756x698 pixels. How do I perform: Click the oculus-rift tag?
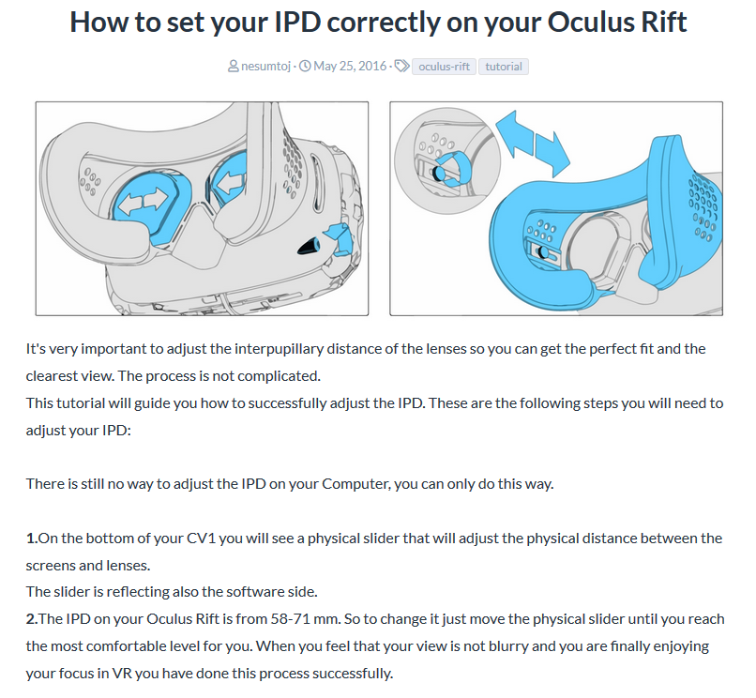[444, 67]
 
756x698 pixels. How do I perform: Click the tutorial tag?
[504, 67]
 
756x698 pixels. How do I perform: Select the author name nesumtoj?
[265, 66]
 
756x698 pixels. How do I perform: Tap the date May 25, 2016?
[350, 66]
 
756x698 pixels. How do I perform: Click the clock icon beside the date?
[305, 66]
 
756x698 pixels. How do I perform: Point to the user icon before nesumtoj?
[234, 66]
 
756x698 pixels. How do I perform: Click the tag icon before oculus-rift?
[401, 66]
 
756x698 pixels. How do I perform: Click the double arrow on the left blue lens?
[143, 200]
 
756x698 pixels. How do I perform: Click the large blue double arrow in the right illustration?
[532, 144]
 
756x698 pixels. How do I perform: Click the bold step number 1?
[32, 539]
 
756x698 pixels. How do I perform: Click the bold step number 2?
[32, 619]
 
